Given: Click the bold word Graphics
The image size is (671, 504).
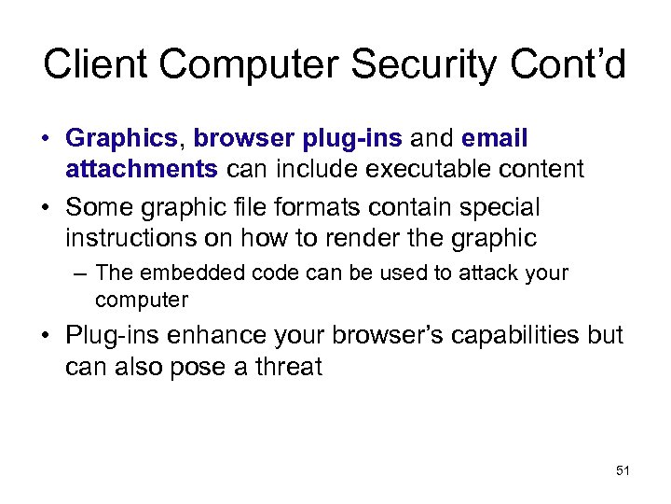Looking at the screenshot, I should point(121,140).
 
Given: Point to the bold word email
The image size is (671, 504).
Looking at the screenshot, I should point(494,139).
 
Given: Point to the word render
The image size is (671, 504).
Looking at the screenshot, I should point(355,238).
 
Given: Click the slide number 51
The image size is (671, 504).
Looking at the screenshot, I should point(623,471).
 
